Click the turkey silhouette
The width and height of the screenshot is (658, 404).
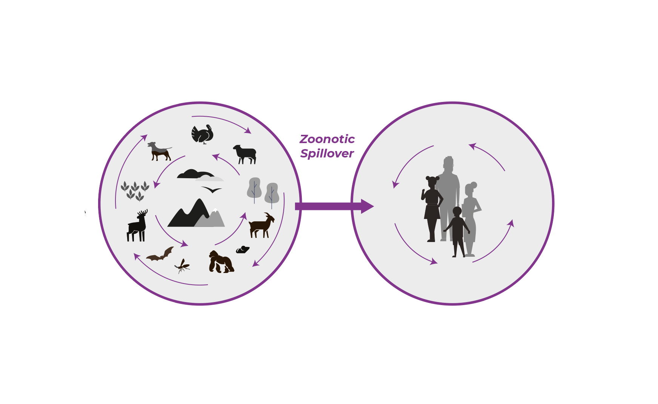[x=203, y=134]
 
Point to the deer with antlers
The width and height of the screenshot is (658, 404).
[x=137, y=226]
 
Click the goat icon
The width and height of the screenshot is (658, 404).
[x=261, y=225]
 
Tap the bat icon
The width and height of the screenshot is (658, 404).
[x=160, y=254]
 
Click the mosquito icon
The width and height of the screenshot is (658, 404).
[x=182, y=266]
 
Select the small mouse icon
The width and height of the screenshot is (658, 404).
[x=243, y=250]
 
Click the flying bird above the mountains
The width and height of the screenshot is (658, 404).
[x=212, y=190]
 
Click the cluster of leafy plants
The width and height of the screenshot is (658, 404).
[x=135, y=191]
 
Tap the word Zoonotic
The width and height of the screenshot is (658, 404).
[x=327, y=139]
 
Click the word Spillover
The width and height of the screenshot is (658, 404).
[x=327, y=154]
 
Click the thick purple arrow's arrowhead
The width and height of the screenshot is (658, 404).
[x=367, y=206]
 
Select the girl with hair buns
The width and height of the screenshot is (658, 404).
[x=432, y=209]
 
